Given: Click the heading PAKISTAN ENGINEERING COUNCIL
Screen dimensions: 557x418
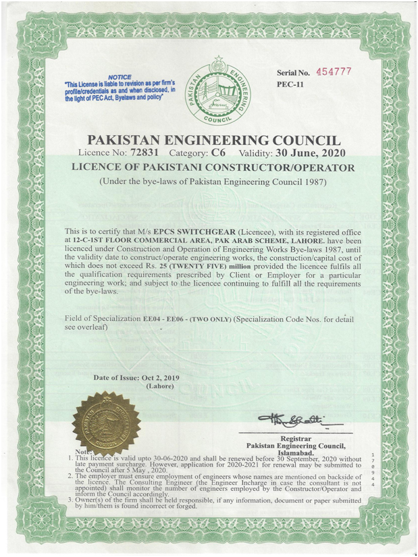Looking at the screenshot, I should (x=214, y=140).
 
